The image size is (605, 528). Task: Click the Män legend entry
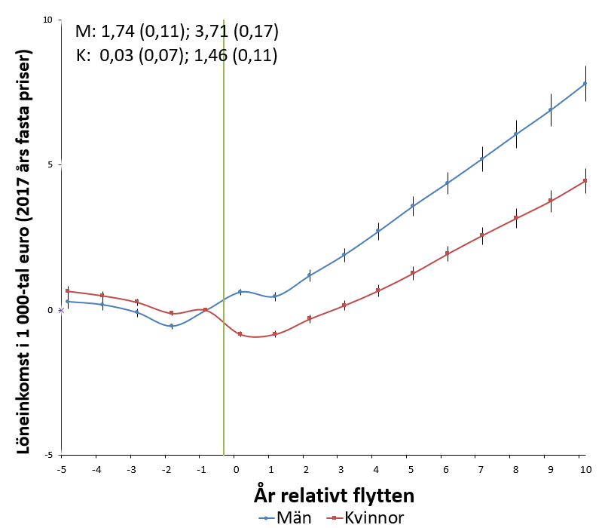(x=285, y=517)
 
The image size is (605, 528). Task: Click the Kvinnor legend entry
(x=365, y=517)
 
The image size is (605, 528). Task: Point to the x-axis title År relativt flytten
(x=334, y=495)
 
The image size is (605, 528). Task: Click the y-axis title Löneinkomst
(x=23, y=251)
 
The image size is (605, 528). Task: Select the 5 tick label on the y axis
(x=50, y=165)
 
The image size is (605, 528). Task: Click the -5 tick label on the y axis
(x=48, y=455)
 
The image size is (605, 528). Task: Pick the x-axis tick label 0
(x=236, y=470)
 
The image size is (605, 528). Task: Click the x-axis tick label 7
(x=481, y=470)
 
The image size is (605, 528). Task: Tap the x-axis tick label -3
(x=131, y=470)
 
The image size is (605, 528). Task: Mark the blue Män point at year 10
(x=585, y=84)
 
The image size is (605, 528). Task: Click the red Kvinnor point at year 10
(x=585, y=181)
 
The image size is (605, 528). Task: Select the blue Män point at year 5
(x=412, y=206)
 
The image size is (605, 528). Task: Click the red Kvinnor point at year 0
(x=240, y=333)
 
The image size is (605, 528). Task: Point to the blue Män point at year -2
(x=171, y=326)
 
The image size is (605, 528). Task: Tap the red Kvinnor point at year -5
(x=68, y=291)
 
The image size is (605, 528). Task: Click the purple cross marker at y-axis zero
(x=61, y=310)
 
